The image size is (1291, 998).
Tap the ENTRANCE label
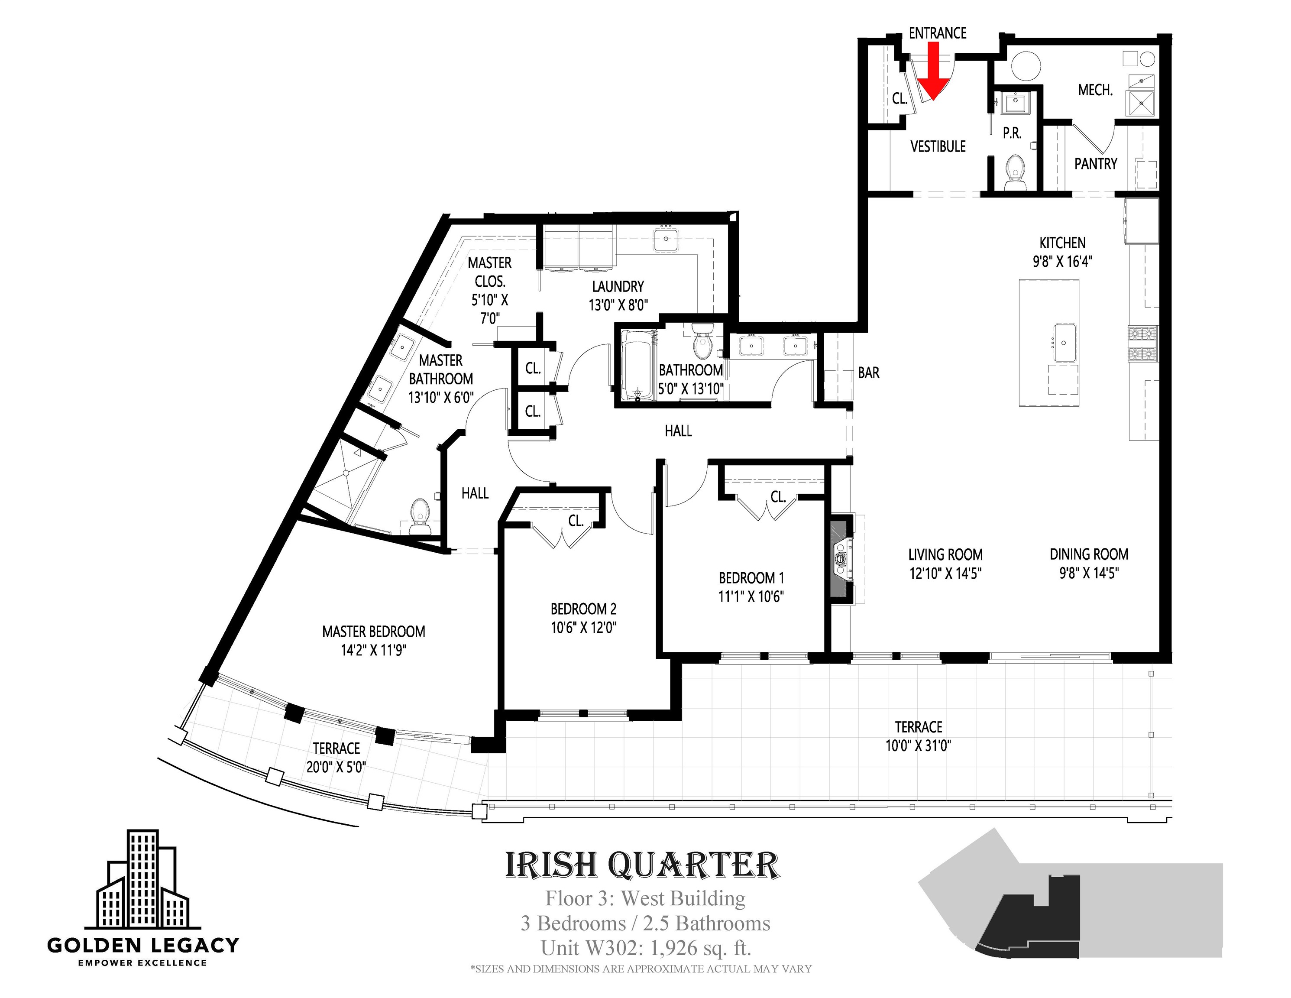point(938,33)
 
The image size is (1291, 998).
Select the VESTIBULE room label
point(938,146)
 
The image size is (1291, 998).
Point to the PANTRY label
point(1096,164)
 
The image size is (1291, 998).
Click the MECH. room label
point(1095,90)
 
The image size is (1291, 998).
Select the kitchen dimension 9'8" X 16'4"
point(1063,261)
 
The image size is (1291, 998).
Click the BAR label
point(868,373)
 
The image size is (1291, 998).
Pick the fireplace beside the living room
point(841,559)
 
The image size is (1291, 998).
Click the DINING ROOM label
point(1089,554)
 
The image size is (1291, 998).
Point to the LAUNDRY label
point(618,287)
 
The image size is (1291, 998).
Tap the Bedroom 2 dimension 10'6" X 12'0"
point(584,627)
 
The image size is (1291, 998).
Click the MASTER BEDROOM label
point(374,632)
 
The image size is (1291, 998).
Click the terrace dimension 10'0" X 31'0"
point(918,745)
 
